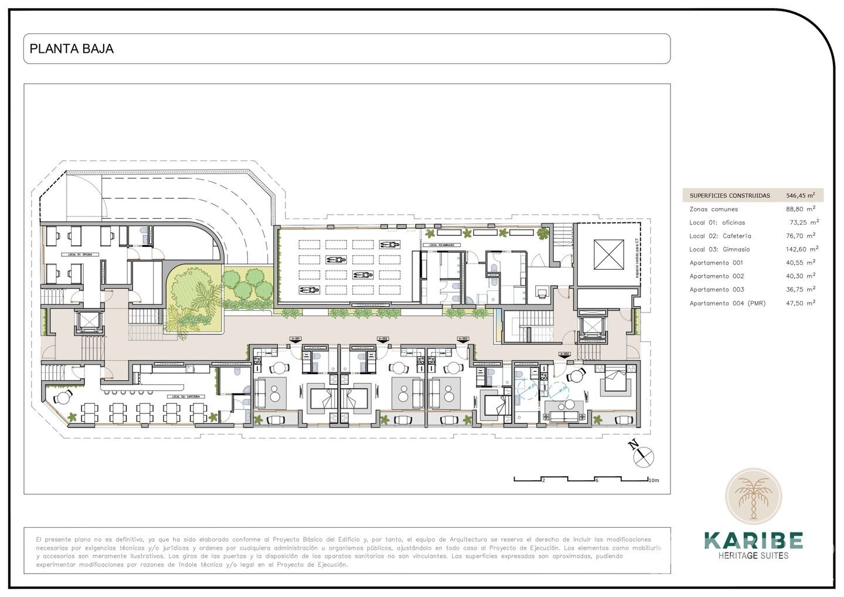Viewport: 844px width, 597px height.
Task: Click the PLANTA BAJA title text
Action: [72, 49]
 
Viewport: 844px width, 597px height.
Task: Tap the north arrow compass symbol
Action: [644, 455]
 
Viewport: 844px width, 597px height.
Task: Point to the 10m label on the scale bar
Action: [654, 480]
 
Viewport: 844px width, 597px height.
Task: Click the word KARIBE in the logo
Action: [753, 540]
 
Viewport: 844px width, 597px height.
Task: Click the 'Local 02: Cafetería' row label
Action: [720, 236]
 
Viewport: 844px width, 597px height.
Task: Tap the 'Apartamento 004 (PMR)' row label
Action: [727, 303]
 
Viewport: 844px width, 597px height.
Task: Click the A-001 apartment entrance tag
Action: [296, 339]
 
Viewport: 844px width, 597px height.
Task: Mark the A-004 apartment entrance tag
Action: [564, 354]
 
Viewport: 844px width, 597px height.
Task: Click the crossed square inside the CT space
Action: [609, 255]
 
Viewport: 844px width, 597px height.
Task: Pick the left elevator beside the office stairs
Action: [87, 321]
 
